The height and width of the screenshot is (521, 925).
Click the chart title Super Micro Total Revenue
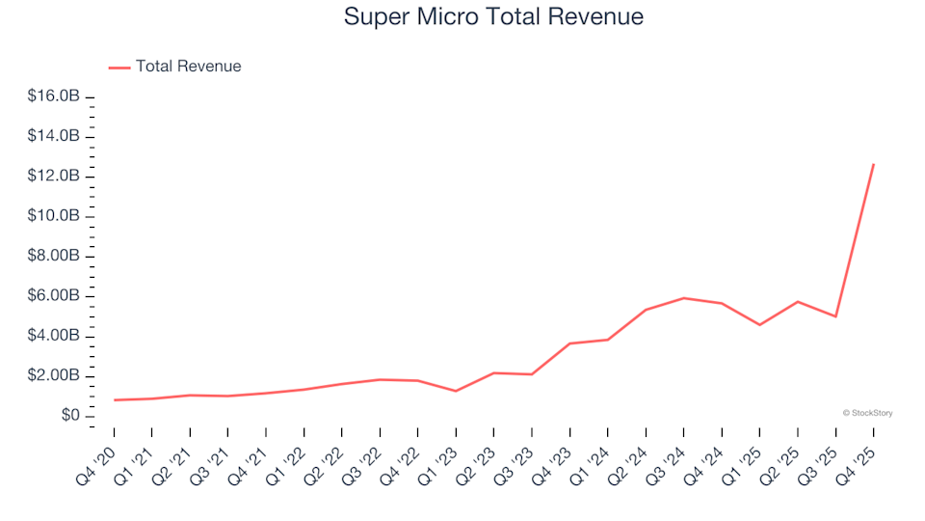coord(493,17)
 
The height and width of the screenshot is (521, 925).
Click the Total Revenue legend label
coord(188,67)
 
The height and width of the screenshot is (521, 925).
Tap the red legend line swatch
coord(119,67)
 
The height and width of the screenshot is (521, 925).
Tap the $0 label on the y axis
coord(68,416)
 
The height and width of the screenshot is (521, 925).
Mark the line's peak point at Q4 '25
coord(874,164)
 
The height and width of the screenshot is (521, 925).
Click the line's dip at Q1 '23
coord(456,391)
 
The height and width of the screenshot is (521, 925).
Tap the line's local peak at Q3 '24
coord(684,298)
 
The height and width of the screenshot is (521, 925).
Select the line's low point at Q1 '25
coord(760,324)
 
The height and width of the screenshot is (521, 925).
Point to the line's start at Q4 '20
coord(114,399)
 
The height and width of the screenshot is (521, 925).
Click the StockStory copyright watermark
coord(867,413)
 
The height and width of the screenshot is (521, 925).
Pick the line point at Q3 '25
coord(836,316)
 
